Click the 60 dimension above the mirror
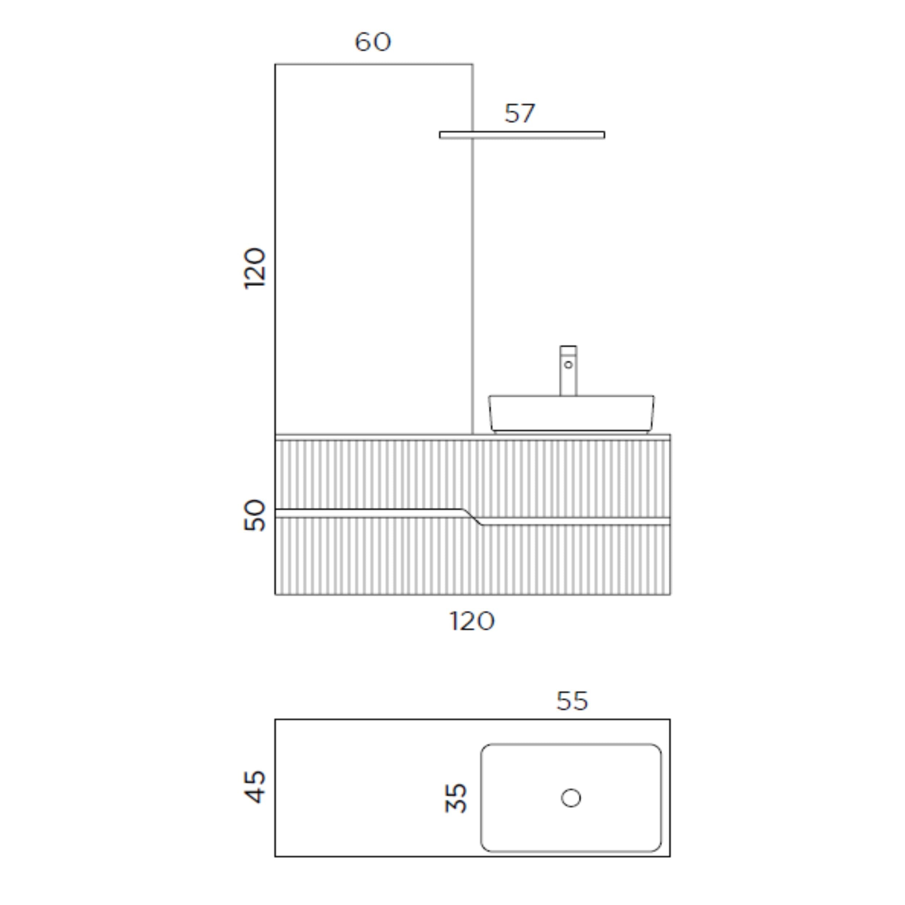coord(373,42)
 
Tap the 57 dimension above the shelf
coord(519,113)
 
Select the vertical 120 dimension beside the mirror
coord(255,268)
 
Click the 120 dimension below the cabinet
coord(472,621)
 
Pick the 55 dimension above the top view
coord(572,701)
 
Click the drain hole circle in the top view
coord(571,798)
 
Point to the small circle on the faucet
coord(568,365)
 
